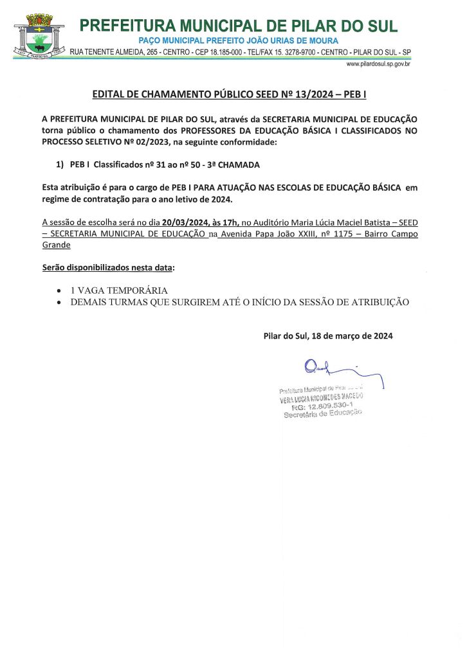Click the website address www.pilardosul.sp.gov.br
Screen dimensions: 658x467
click(x=378, y=64)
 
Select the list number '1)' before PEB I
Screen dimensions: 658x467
click(x=60, y=164)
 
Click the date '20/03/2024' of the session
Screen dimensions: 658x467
click(x=184, y=222)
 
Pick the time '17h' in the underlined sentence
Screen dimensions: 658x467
click(x=230, y=222)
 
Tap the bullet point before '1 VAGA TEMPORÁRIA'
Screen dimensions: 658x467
click(x=60, y=290)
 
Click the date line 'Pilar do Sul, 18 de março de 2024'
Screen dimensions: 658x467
click(x=328, y=335)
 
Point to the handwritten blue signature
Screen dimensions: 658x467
click(x=334, y=371)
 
